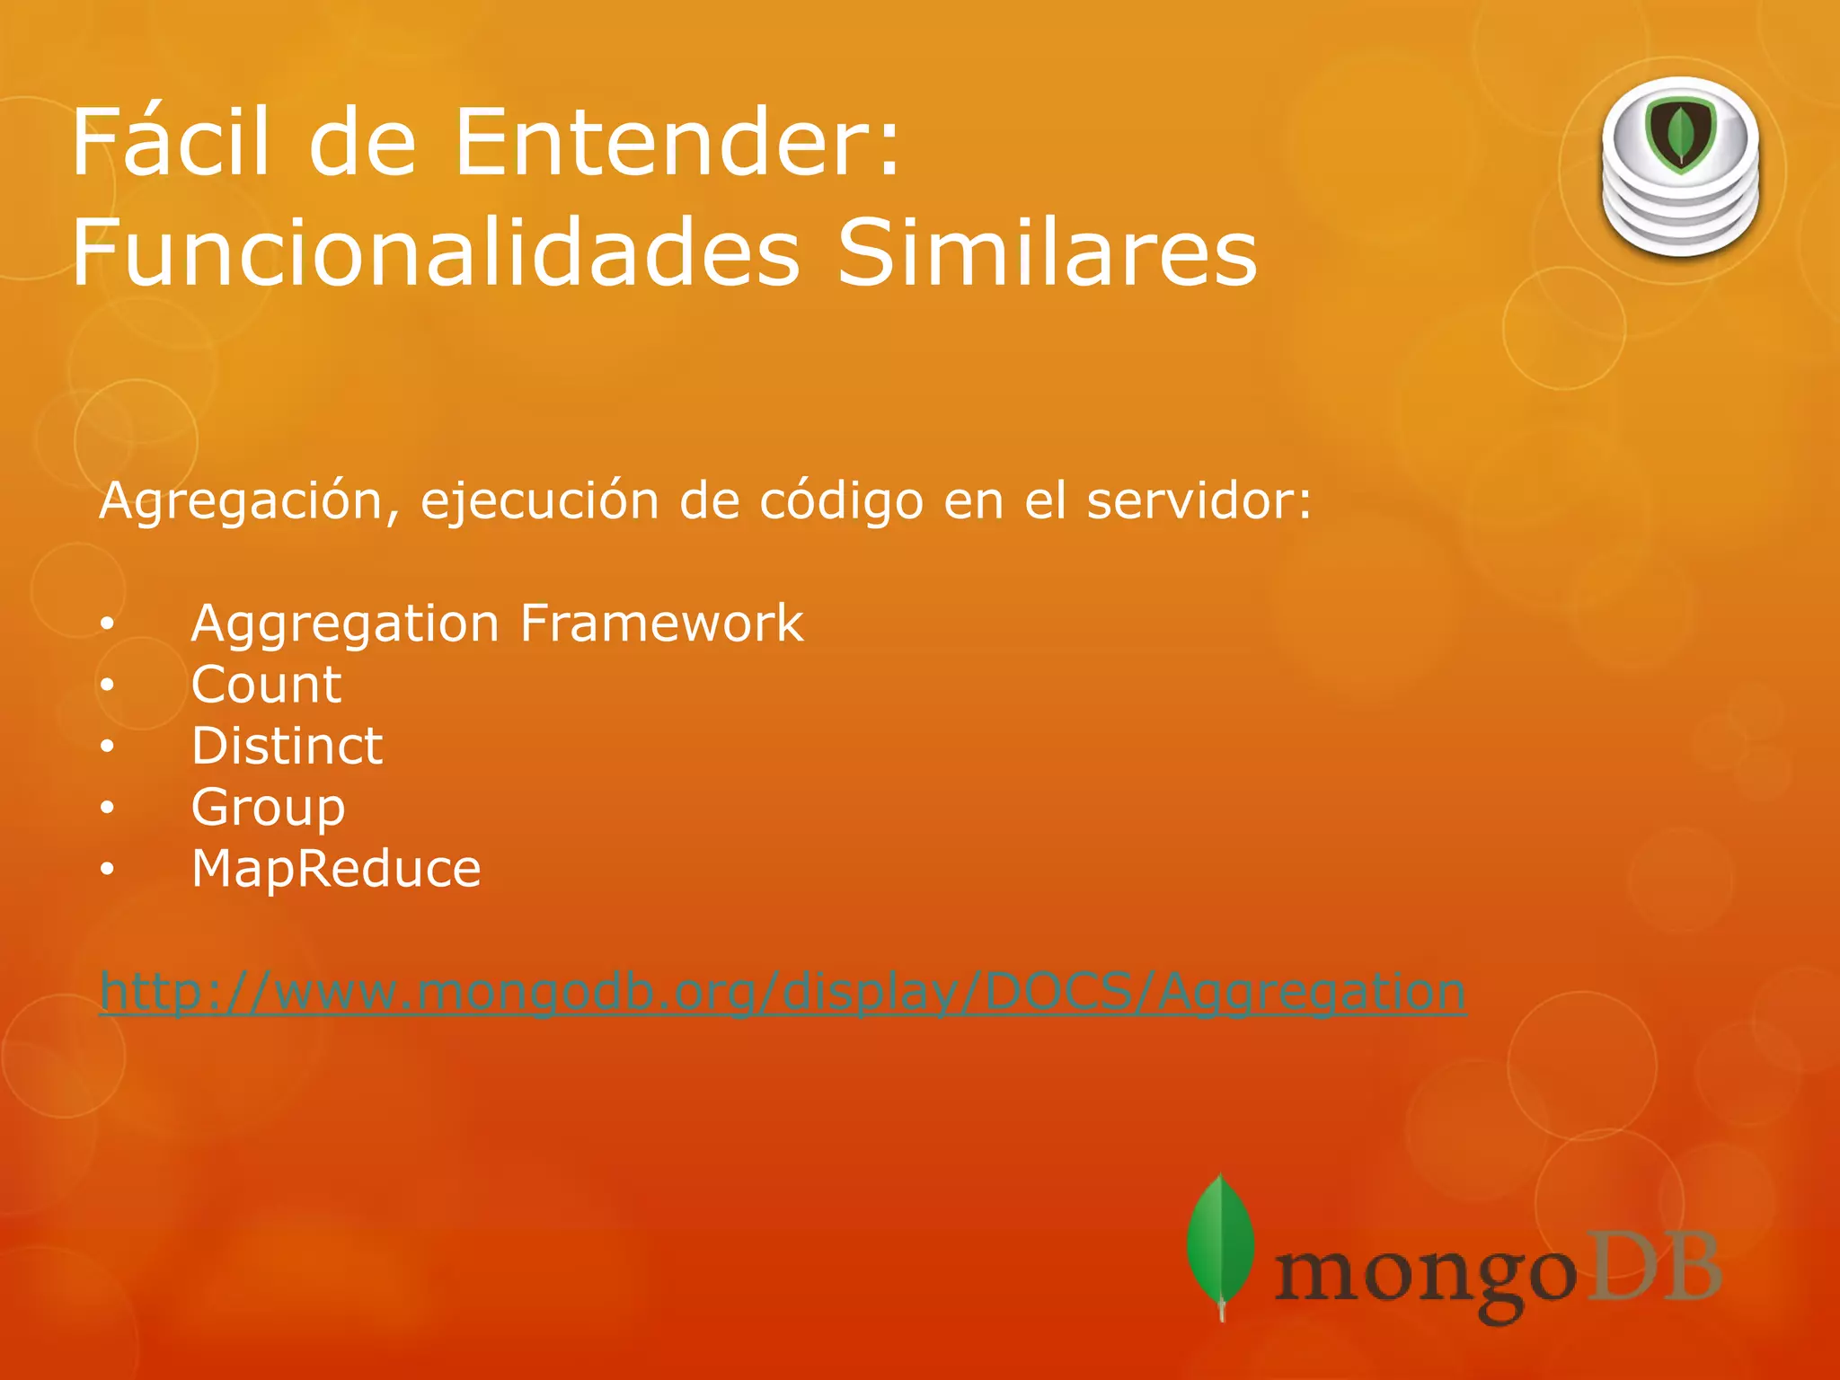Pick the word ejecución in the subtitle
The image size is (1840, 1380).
[540, 501]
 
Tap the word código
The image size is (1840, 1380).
[841, 501]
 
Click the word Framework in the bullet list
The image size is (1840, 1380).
[662, 623]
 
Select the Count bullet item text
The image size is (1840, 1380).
[266, 685]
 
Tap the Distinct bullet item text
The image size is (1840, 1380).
[287, 746]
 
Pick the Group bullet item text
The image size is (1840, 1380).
[268, 808]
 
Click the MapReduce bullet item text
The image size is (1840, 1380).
[336, 869]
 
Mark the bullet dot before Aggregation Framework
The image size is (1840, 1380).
[108, 624]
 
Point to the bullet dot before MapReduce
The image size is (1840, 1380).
[108, 869]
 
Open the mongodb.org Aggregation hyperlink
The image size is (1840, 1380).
[783, 993]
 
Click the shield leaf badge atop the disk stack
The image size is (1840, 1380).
[1681, 136]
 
